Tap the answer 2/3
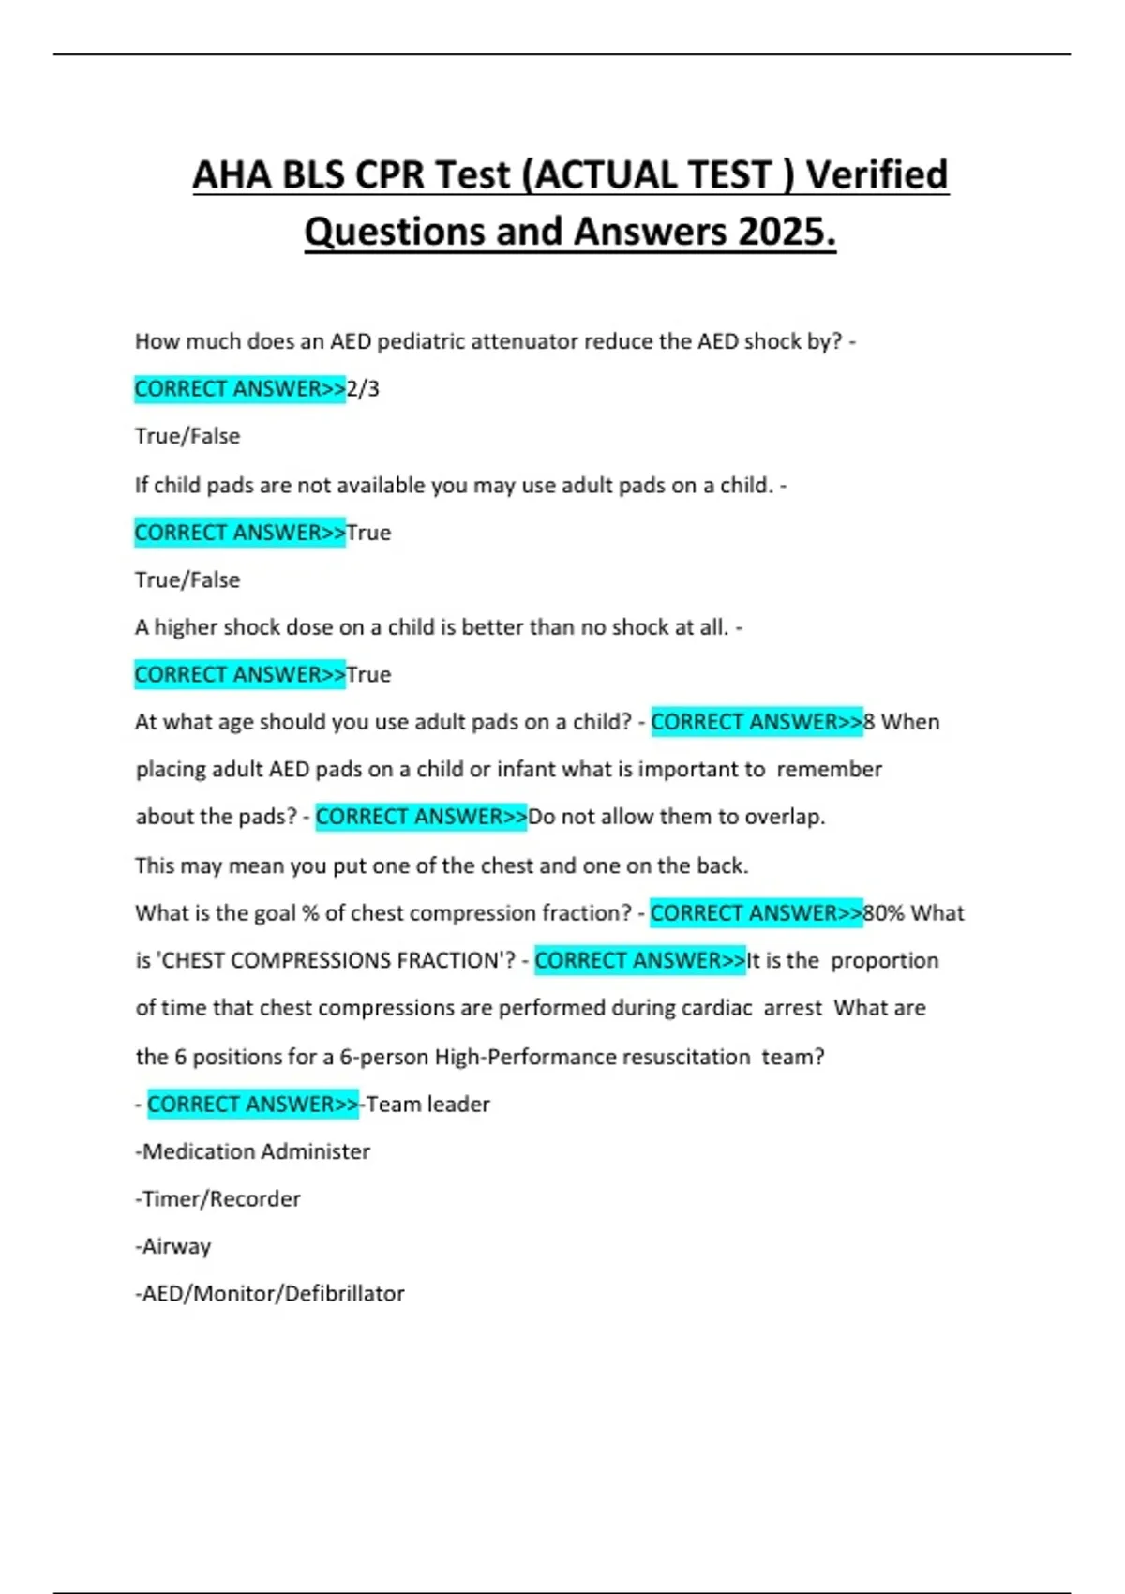click(x=363, y=388)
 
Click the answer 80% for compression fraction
click(x=884, y=913)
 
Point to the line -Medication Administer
click(x=253, y=1151)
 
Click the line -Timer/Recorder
click(x=218, y=1199)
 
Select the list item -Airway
click(x=173, y=1247)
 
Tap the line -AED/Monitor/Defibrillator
click(x=270, y=1294)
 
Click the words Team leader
click(x=428, y=1105)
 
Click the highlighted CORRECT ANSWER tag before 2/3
click(x=240, y=388)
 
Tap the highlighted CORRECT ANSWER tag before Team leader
click(x=252, y=1105)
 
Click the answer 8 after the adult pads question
click(x=869, y=722)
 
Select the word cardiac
click(x=716, y=1008)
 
